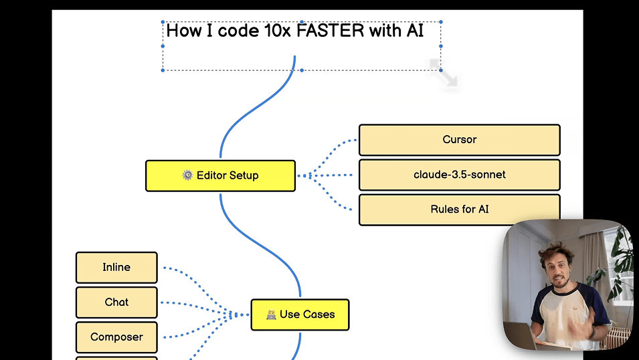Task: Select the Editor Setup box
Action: pyautogui.click(x=220, y=176)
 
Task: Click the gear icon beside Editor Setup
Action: pyautogui.click(x=187, y=175)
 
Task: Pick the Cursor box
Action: pyautogui.click(x=459, y=140)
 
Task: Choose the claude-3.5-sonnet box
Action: pyautogui.click(x=459, y=175)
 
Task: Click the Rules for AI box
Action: pyautogui.click(x=459, y=209)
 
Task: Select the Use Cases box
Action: pyautogui.click(x=300, y=314)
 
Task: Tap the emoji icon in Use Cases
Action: pyautogui.click(x=271, y=314)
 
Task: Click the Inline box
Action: pyautogui.click(x=116, y=268)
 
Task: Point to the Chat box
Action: pyautogui.click(x=116, y=302)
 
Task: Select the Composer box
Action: pyautogui.click(x=116, y=337)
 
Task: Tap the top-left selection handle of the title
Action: pyautogui.click(x=163, y=22)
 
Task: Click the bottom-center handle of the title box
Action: pyautogui.click(x=302, y=70)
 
